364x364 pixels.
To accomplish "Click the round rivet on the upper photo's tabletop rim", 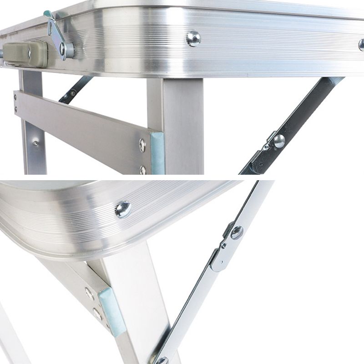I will [193, 39].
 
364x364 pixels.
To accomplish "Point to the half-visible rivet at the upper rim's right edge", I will [361, 45].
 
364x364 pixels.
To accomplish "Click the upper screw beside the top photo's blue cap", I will [142, 145].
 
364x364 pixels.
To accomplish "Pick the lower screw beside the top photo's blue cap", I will [143, 170].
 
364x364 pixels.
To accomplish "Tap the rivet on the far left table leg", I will [36, 143].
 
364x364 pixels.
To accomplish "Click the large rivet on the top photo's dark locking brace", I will [279, 141].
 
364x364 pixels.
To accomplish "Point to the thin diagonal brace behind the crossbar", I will [75, 89].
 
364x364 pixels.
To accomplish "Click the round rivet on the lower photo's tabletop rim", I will [123, 209].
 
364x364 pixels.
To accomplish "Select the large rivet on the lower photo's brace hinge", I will [237, 233].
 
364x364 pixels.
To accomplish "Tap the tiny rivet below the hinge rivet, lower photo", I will [223, 246].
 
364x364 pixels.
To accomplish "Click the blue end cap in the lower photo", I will [111, 310].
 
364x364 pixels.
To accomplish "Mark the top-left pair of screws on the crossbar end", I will [16, 103].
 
